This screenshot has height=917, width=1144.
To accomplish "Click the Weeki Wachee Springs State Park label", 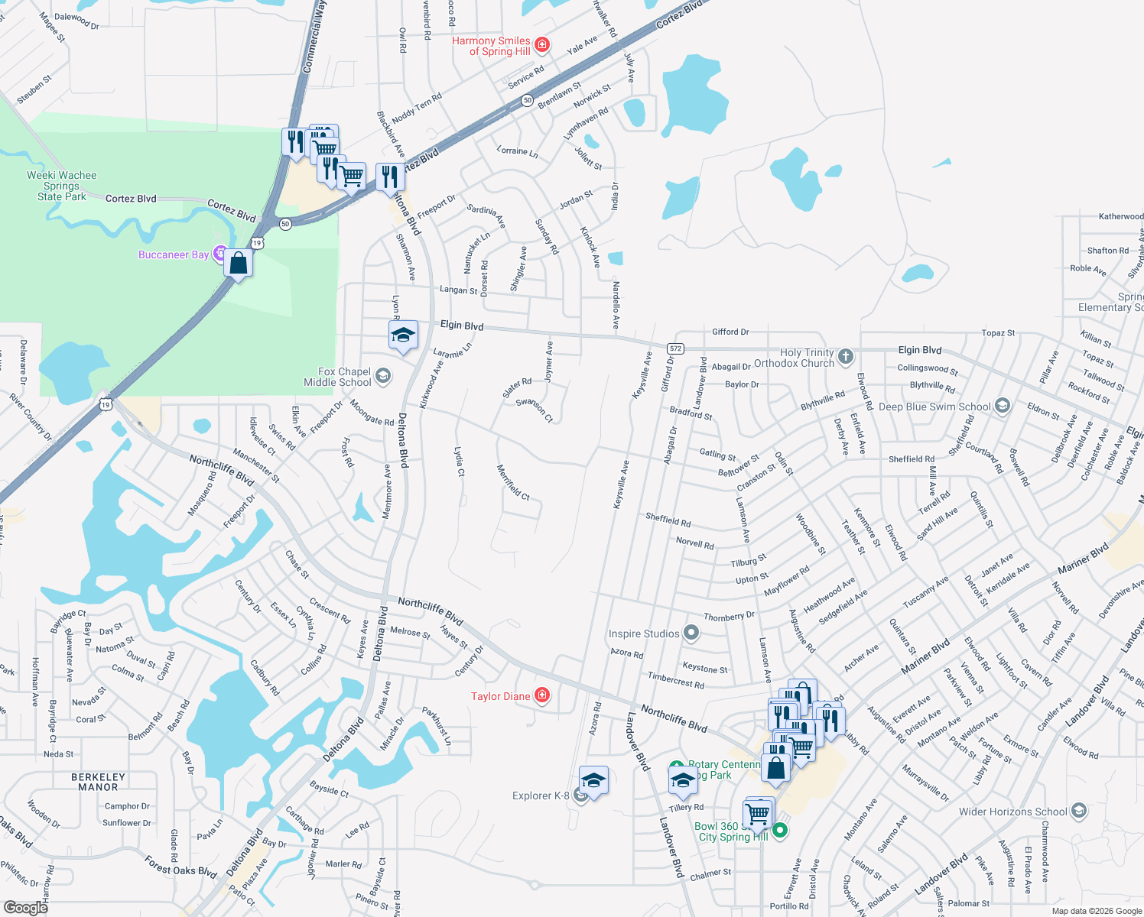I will pyautogui.click(x=62, y=186).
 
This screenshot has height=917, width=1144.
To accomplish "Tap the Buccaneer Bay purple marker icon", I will pyautogui.click(x=220, y=254).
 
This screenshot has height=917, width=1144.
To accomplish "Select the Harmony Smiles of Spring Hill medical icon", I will pyautogui.click(x=542, y=45).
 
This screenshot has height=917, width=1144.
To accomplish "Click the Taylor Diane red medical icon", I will pyautogui.click(x=542, y=695).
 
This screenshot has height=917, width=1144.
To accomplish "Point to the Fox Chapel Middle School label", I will pyautogui.click(x=337, y=377).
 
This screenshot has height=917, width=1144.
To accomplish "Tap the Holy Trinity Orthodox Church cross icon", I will pyautogui.click(x=845, y=356).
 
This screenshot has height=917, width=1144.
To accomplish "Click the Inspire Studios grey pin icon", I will pyautogui.click(x=691, y=633).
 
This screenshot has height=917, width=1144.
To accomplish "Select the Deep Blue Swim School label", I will pyautogui.click(x=934, y=407).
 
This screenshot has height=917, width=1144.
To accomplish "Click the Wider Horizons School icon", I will pyautogui.click(x=1079, y=811).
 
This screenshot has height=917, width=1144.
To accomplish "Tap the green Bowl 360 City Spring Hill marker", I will pyautogui.click(x=780, y=830).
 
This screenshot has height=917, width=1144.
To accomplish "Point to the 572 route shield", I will pyautogui.click(x=674, y=348).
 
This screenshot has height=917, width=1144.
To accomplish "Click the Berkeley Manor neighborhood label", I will pyautogui.click(x=98, y=782).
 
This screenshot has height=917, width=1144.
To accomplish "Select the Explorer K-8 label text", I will pyautogui.click(x=541, y=795).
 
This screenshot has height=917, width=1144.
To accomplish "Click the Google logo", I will pyautogui.click(x=25, y=907).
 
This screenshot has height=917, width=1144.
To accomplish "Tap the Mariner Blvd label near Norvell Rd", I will pyautogui.click(x=1083, y=559).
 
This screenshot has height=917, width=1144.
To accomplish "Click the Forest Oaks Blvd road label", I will pyautogui.click(x=181, y=865).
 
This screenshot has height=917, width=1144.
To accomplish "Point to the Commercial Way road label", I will pyautogui.click(x=315, y=37).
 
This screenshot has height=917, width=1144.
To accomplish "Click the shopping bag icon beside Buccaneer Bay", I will pyautogui.click(x=239, y=264).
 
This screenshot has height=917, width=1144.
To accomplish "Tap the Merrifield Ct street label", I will pyautogui.click(x=513, y=482).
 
